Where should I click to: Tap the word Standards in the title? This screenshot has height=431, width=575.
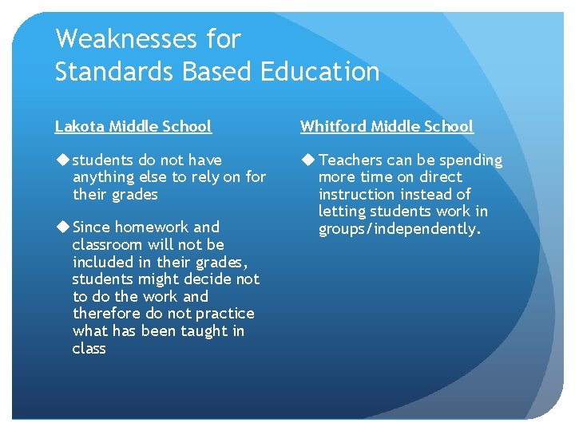[115, 72]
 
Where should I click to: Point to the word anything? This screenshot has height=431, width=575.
[102, 177]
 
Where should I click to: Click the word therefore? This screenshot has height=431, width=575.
[107, 314]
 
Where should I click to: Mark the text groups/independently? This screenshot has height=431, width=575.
[400, 229]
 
